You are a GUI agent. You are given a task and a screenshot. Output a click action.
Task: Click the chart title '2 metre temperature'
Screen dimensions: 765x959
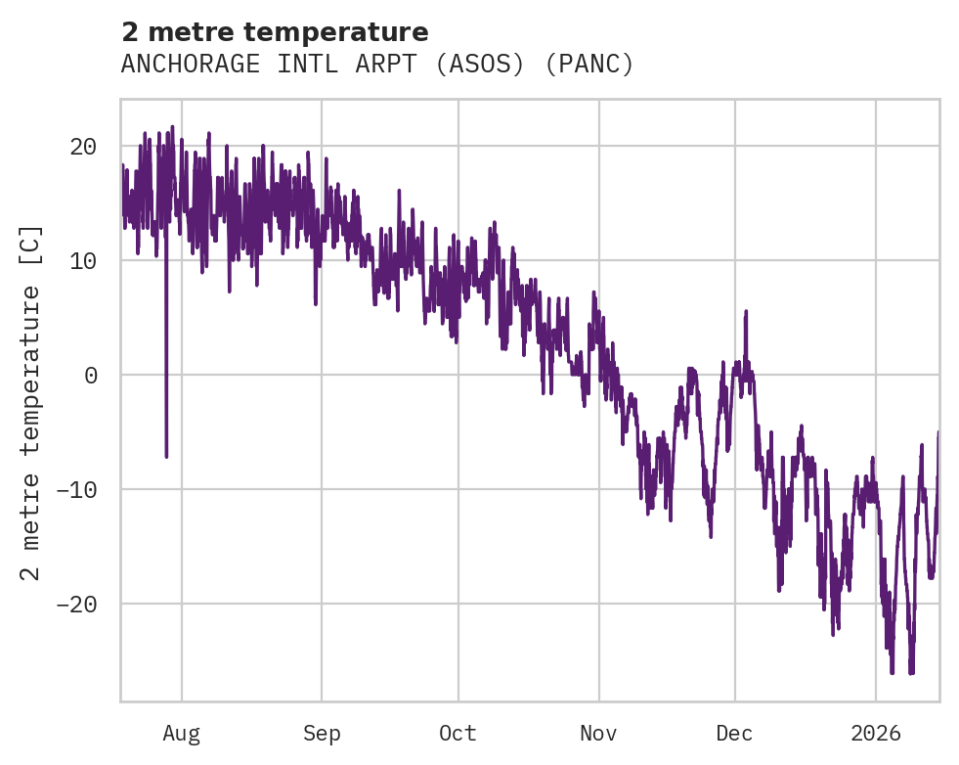pos(275,32)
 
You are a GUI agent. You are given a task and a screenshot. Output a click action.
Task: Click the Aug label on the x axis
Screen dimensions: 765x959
pos(182,734)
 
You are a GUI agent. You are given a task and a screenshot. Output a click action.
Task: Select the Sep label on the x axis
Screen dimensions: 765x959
pos(322,734)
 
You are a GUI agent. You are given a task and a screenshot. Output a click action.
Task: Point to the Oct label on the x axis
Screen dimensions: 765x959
pos(458,734)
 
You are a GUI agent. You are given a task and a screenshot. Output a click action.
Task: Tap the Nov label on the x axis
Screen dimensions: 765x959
pos(598,734)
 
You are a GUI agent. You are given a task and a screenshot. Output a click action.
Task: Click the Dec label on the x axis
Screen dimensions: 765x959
pos(734,734)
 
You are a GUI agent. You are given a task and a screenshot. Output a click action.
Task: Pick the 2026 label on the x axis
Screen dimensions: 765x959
pos(876,734)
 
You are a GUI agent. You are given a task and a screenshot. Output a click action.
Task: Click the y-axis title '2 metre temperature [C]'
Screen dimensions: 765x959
pos(32,402)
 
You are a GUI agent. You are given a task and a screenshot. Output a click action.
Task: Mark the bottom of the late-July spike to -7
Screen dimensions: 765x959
pos(166,456)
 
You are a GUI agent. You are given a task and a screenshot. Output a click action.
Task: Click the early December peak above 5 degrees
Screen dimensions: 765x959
pos(746,312)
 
